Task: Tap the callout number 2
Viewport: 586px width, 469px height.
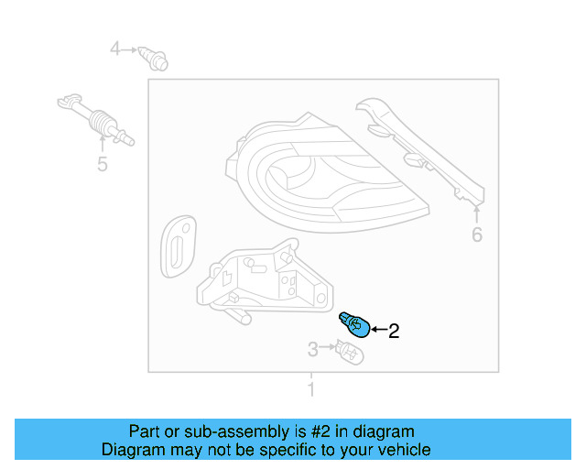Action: coord(395,332)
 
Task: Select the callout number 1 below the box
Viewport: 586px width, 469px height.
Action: coord(310,390)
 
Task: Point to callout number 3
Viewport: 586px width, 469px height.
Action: coord(312,349)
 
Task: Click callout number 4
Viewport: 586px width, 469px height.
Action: coord(115,48)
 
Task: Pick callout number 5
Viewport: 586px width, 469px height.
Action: coord(103,164)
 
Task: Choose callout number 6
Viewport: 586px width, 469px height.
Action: coord(477,235)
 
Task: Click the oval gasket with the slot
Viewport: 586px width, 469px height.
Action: coord(176,246)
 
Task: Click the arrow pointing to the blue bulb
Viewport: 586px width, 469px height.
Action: coord(378,331)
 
